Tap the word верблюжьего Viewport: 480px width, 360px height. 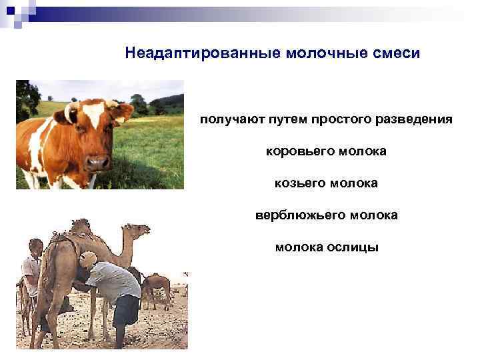[297, 215]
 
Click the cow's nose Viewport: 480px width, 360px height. [98, 161]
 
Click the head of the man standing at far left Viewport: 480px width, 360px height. [35, 247]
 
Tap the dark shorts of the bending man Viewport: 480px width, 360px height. [125, 310]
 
